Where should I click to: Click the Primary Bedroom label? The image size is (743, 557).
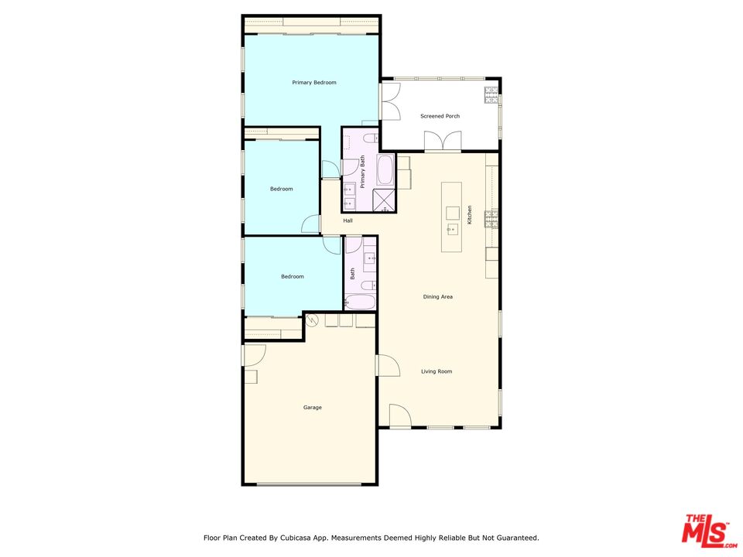313,83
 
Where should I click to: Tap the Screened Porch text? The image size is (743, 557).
440,116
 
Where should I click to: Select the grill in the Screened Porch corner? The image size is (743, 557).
491,94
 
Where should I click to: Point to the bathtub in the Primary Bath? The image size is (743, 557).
385,169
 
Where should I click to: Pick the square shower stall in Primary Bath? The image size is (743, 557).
384,200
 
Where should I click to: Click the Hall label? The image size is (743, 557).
348,221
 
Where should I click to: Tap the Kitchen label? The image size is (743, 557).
470,215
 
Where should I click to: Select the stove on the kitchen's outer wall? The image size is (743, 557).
491,220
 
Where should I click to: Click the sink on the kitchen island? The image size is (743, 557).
451,229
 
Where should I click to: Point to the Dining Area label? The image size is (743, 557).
437,297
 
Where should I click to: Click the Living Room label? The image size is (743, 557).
437,371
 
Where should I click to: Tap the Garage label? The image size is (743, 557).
312,408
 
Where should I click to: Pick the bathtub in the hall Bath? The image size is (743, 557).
360,302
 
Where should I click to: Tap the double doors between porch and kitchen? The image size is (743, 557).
442,142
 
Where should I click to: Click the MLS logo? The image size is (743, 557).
705,531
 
